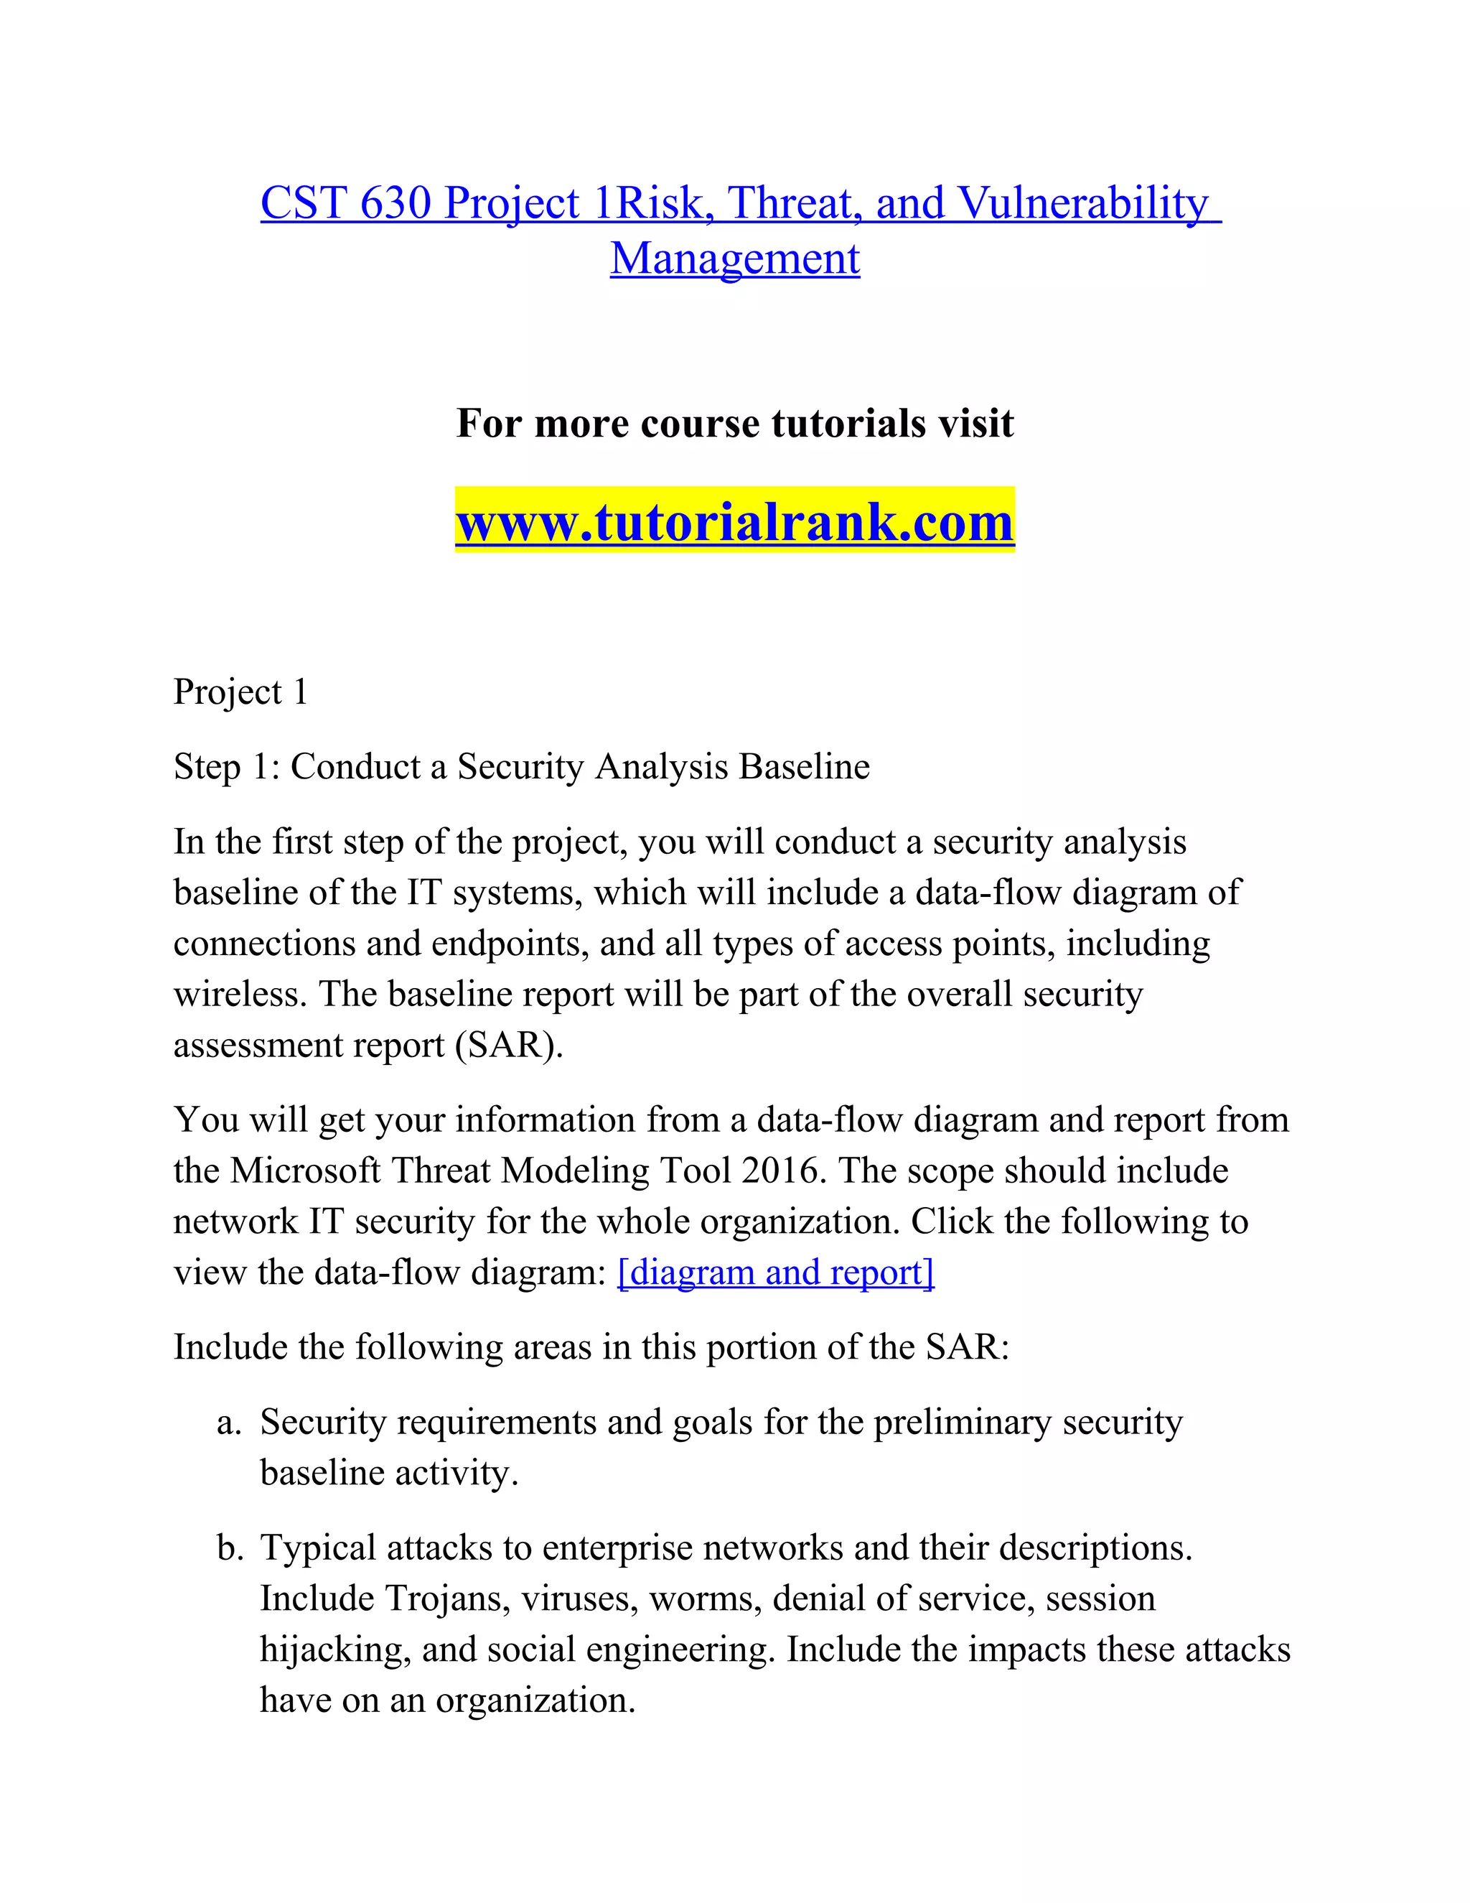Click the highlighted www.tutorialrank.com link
pyautogui.click(x=734, y=522)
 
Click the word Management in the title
pyautogui.click(x=734, y=259)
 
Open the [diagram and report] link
pyautogui.click(x=775, y=1273)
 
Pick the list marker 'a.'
pyautogui.click(x=228, y=1423)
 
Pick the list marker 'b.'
pyautogui.click(x=229, y=1548)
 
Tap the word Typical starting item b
pyautogui.click(x=318, y=1548)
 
